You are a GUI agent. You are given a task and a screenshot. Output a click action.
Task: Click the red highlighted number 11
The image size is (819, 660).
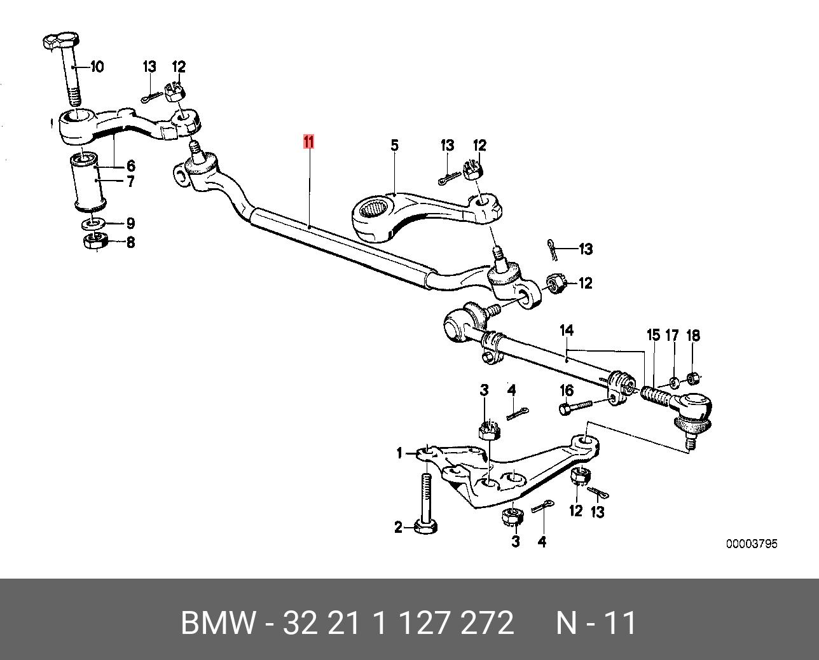coord(308,142)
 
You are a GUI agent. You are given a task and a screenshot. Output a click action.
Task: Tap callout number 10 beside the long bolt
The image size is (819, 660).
coord(97,67)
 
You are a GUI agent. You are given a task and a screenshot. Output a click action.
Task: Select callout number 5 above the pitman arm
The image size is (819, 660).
coord(395,146)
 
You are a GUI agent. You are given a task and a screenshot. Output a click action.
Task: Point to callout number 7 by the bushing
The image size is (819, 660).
coord(130,181)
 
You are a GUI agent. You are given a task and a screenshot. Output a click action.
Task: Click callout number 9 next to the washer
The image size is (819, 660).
coord(130,223)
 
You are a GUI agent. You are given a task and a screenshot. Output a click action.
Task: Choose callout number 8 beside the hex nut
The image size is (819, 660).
coord(130,242)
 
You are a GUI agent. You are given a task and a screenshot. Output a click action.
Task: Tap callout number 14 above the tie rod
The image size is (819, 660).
coord(567,331)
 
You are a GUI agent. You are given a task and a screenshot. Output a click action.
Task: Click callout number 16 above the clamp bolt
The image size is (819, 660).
coord(567,390)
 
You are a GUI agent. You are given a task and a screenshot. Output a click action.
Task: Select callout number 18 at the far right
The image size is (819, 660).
coord(693,335)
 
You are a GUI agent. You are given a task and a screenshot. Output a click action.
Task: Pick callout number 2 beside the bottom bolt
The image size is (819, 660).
coord(398,528)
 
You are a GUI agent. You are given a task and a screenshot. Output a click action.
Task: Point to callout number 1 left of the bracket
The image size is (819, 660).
coord(399,453)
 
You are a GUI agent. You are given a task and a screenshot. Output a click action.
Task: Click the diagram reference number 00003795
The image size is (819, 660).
coord(752,544)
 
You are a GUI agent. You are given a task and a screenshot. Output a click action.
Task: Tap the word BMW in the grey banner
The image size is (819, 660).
coord(217,622)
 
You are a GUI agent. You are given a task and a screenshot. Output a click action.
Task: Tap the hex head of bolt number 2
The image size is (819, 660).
coord(425,527)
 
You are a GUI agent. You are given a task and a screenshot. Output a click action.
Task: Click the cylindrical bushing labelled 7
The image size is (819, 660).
coord(89,182)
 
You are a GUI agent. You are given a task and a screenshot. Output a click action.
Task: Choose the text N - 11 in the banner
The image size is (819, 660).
coord(596,622)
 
